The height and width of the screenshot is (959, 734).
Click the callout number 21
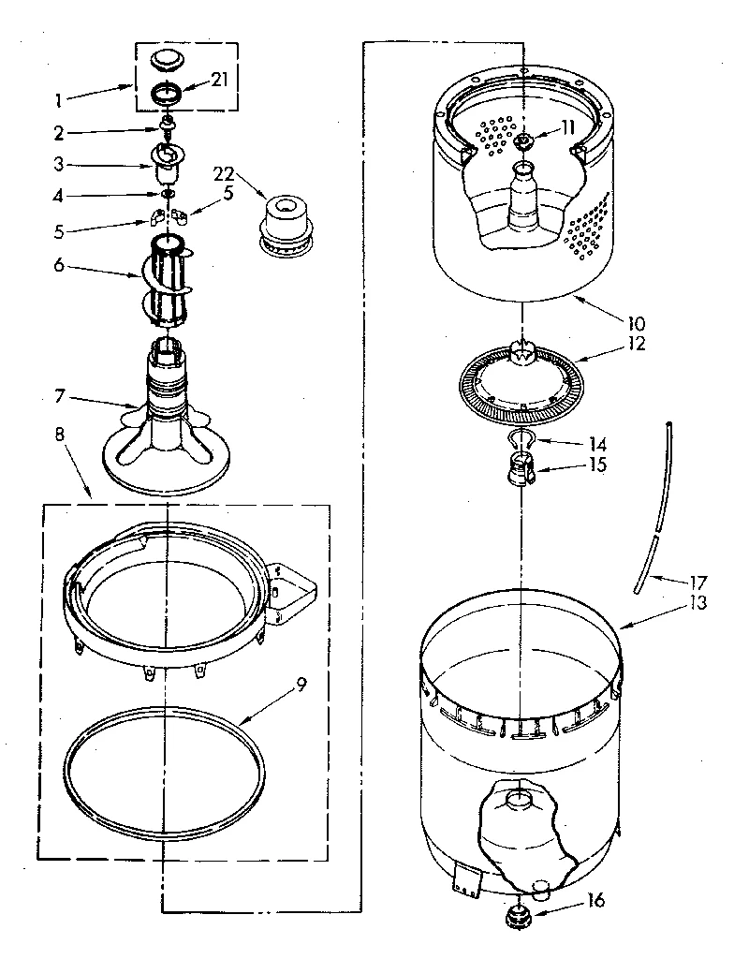(219, 80)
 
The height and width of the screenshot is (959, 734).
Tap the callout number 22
(224, 173)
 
